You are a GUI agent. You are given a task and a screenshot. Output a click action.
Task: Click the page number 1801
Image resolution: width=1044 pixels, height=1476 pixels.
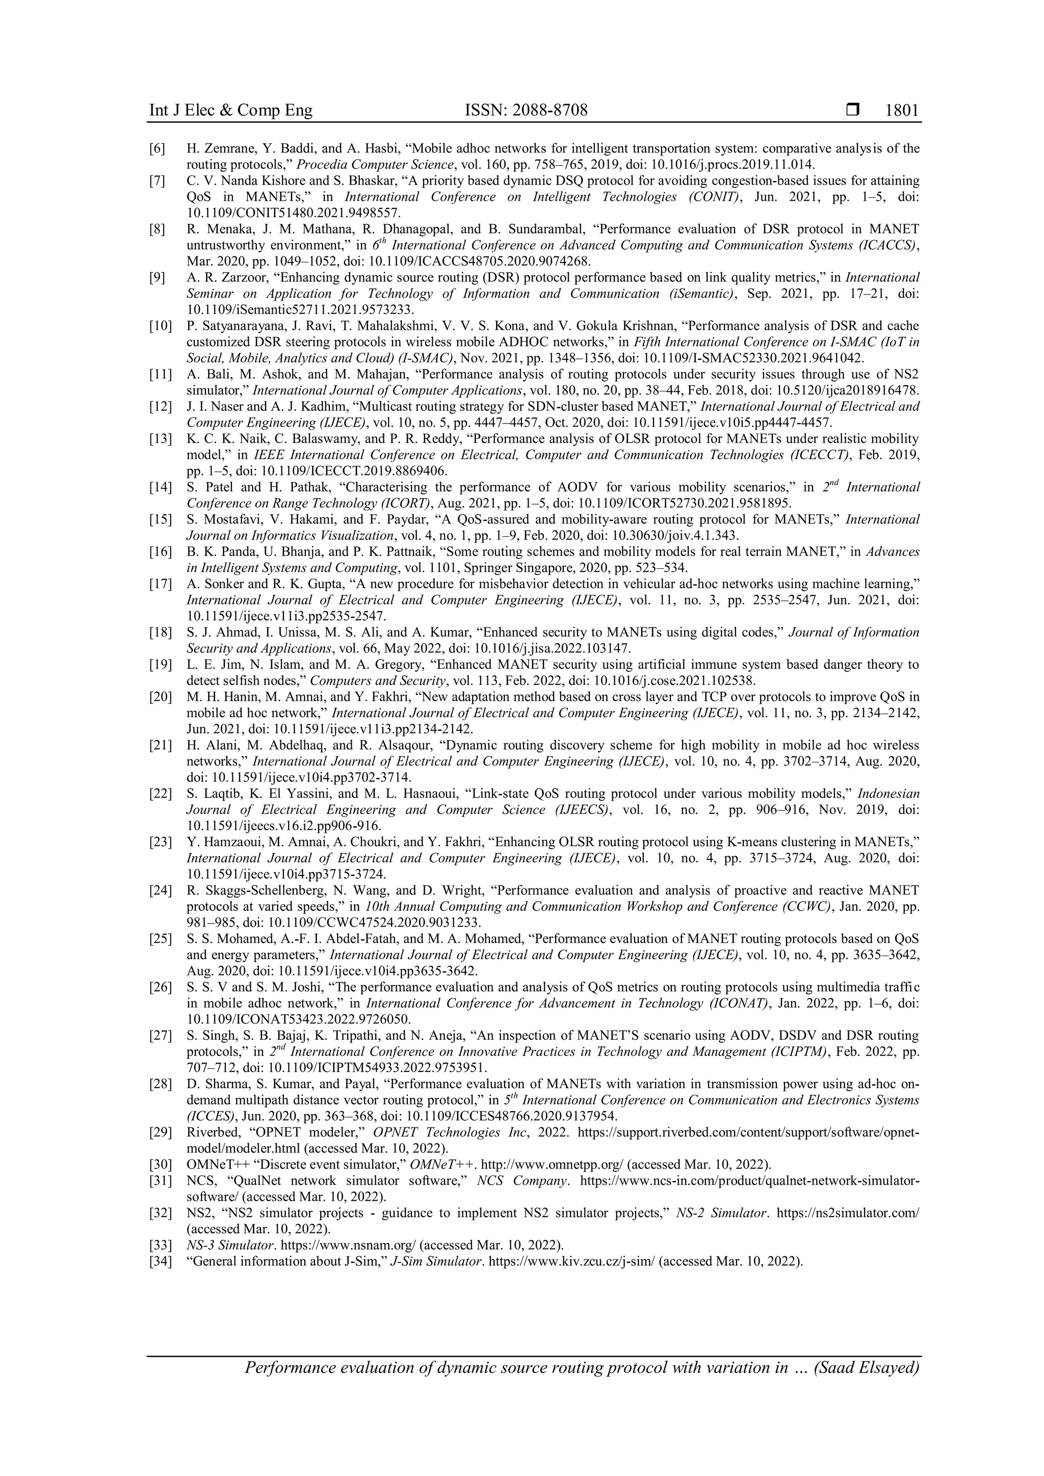coord(902,111)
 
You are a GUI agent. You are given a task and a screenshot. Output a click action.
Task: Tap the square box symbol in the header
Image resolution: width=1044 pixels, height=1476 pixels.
coord(852,111)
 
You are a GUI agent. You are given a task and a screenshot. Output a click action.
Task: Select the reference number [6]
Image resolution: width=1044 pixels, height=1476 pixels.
coord(158,148)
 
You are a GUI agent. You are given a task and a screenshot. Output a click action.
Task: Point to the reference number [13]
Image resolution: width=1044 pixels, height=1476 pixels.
coord(160,439)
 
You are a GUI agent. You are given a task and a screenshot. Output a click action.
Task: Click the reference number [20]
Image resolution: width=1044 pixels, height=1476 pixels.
coord(160,697)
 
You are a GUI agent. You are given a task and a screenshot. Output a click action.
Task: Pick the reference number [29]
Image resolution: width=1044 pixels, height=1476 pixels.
coord(160,1132)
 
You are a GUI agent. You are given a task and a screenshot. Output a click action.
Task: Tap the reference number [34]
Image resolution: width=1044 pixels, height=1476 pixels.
coord(160,1261)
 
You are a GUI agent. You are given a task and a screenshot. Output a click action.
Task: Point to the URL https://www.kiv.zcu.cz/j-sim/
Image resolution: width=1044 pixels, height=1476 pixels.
coord(571,1261)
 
